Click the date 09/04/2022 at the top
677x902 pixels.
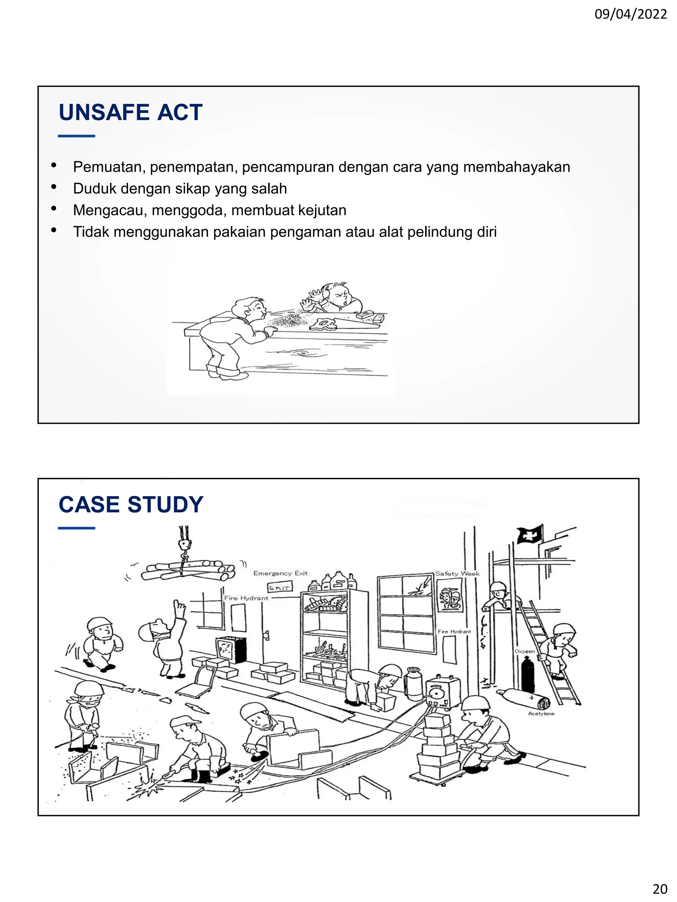click(x=630, y=15)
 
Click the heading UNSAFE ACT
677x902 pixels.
click(x=131, y=112)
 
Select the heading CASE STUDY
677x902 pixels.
click(x=131, y=504)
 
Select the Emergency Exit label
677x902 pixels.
click(x=280, y=573)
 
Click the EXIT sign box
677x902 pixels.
click(x=280, y=588)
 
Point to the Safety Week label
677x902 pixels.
click(x=457, y=574)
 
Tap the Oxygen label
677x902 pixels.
click(x=524, y=651)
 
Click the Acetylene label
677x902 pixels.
click(x=541, y=714)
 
